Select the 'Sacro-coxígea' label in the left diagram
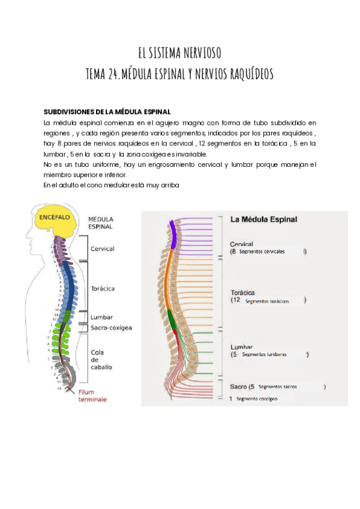click(x=111, y=328)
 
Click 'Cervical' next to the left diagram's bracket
click(x=102, y=248)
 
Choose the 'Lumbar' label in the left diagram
click(x=101, y=317)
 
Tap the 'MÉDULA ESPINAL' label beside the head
click(x=101, y=223)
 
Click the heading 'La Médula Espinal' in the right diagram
click(x=263, y=220)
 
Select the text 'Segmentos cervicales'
click(x=262, y=251)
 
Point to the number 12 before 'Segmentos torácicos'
click(x=238, y=300)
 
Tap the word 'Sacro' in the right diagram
click(x=238, y=387)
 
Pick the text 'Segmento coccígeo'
click(x=257, y=399)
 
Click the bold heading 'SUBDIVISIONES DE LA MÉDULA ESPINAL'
click(x=107, y=112)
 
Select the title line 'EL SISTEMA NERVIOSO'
click(x=180, y=53)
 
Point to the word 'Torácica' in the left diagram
click(x=103, y=289)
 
